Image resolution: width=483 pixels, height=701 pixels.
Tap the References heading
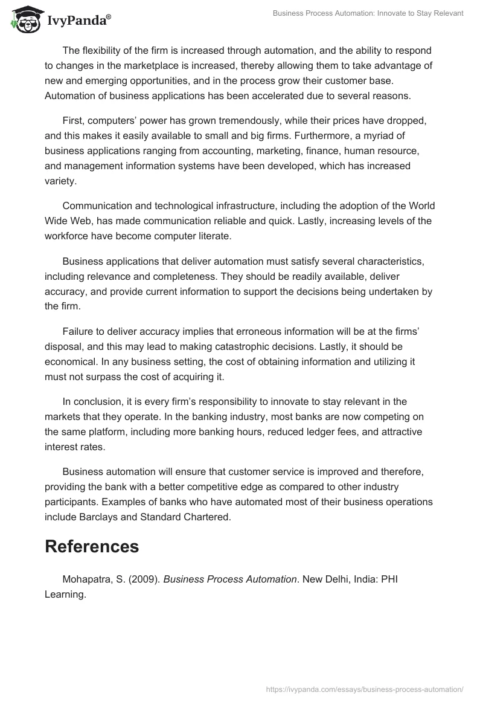pos(92,546)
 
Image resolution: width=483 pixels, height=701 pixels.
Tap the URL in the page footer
pos(365,689)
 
